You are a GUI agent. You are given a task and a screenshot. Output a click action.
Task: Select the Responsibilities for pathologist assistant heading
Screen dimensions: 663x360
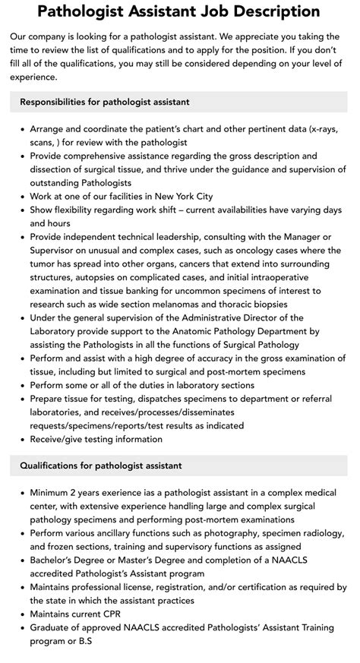tap(105, 102)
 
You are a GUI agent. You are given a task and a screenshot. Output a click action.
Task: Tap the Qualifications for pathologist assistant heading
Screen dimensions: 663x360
tap(101, 466)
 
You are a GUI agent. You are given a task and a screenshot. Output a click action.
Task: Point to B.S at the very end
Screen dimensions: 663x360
tap(87, 641)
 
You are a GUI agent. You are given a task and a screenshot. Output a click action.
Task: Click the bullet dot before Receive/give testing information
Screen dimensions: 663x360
tap(20, 439)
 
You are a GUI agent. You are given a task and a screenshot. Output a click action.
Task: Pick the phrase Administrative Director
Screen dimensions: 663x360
tap(221, 317)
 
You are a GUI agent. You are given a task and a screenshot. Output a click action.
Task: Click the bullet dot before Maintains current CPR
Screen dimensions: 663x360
tap(20, 614)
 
